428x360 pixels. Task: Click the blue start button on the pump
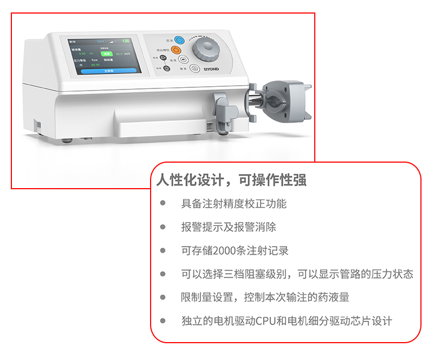click(x=179, y=40)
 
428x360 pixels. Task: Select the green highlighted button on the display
click(x=108, y=54)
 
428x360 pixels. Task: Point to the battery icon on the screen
click(x=127, y=40)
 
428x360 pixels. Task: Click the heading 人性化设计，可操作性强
click(x=231, y=180)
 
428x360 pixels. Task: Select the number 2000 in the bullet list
click(x=226, y=250)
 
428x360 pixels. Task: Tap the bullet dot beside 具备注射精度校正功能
click(x=163, y=204)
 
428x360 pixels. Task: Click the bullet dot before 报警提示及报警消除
click(x=163, y=227)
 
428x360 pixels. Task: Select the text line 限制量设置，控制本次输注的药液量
click(x=265, y=297)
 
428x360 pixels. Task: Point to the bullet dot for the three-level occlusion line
click(x=163, y=274)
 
